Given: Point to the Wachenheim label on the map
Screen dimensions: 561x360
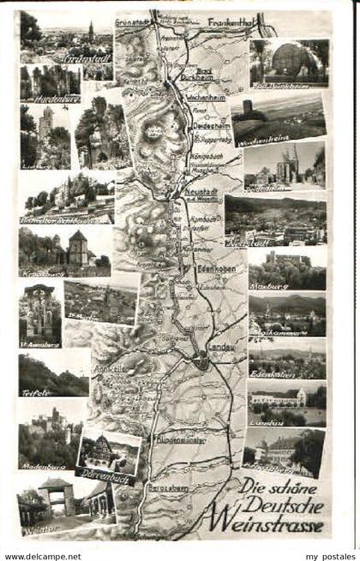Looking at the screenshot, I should coord(199,98).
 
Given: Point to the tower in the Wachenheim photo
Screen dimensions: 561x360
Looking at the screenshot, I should coord(249,109).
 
